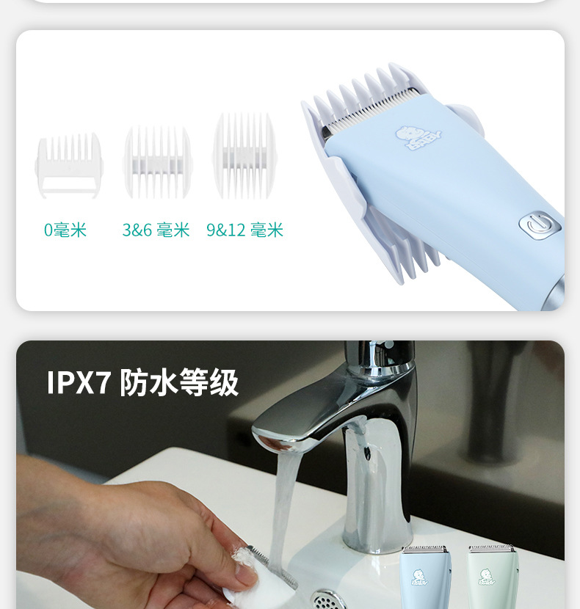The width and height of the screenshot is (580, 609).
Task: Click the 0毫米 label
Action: (65, 230)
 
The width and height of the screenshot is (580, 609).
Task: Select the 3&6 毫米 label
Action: (156, 230)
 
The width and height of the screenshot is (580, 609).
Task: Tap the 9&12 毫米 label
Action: (245, 230)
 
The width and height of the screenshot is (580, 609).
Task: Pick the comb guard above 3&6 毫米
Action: (157, 161)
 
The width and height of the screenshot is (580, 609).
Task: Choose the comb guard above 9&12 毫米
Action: (244, 156)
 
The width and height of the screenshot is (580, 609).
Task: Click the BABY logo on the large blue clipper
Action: (418, 137)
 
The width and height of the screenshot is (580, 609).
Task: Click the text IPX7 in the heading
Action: (79, 382)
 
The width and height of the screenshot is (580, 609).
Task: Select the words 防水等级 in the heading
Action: (179, 382)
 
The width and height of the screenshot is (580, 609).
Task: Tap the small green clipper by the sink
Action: (493, 577)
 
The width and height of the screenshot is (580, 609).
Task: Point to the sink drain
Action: (329, 600)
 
